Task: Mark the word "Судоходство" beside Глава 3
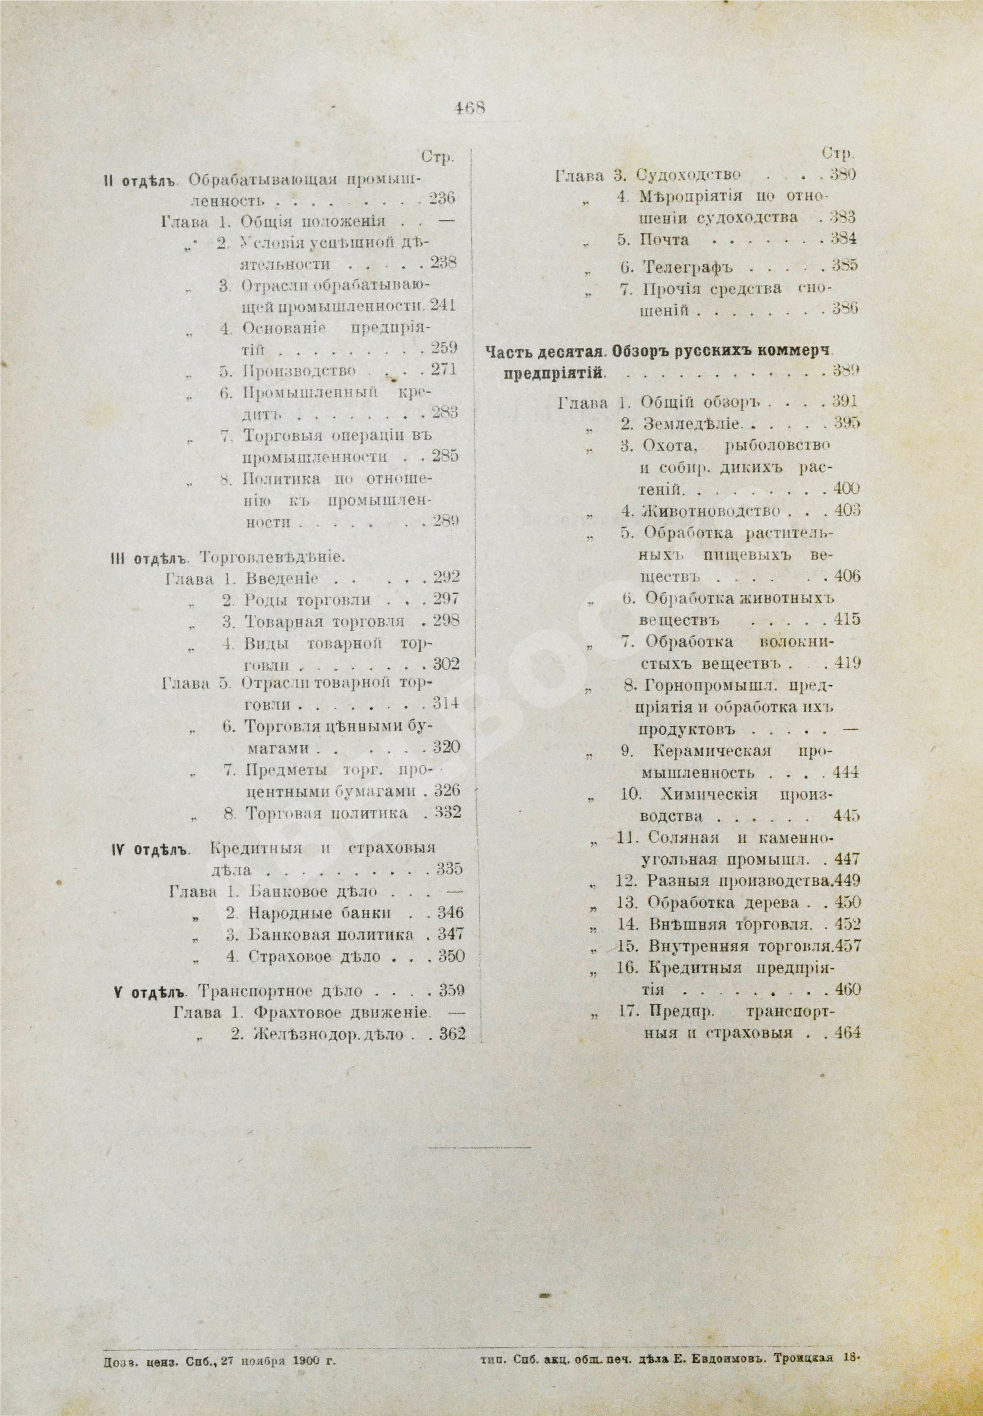coord(688,175)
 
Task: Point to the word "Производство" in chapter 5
coord(299,370)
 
